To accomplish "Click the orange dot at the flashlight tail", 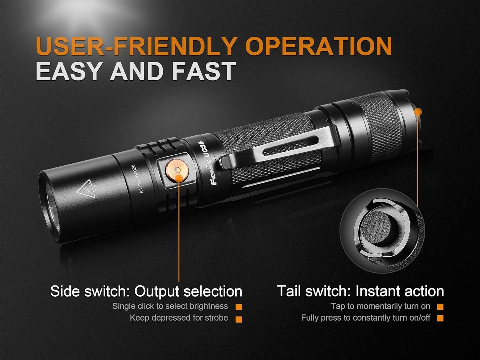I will point(418,112).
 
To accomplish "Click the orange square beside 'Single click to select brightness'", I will point(238,307).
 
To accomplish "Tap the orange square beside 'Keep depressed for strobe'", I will point(238,319).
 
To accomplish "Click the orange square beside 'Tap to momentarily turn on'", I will point(440,307).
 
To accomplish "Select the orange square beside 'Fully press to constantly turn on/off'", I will point(440,318).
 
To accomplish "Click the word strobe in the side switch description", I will point(217,318).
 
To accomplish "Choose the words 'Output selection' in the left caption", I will point(188,291).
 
